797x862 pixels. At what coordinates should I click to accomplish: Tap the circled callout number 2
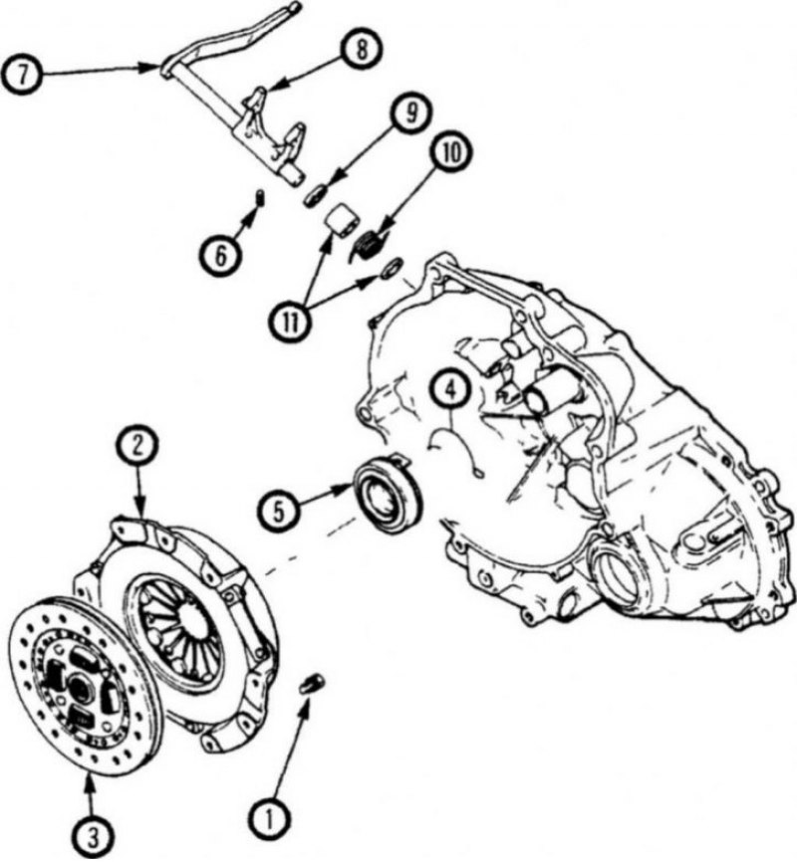point(137,445)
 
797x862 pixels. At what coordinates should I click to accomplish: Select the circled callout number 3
point(94,839)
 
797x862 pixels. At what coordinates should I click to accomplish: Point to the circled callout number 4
point(450,389)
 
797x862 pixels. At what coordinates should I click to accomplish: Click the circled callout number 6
point(219,256)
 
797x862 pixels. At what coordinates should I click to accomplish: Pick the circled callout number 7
point(22,74)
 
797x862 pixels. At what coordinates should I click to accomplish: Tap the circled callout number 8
point(361,50)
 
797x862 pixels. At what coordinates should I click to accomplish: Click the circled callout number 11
point(290,323)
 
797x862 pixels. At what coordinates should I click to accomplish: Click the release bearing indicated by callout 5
point(389,492)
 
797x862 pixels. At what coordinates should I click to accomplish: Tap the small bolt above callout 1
point(313,684)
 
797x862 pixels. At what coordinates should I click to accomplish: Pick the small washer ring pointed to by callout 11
point(393,267)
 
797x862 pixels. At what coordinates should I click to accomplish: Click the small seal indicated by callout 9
point(316,195)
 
